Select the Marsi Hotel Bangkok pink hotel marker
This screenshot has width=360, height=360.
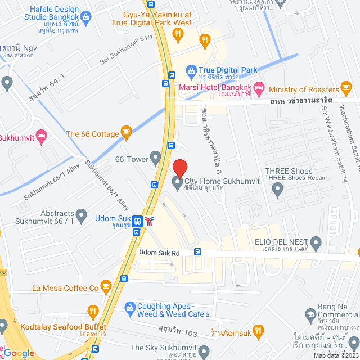(x=259, y=88)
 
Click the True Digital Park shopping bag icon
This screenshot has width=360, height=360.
(x=191, y=71)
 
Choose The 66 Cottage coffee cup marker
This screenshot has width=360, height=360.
(x=127, y=134)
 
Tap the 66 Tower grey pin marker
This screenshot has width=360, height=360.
(x=155, y=157)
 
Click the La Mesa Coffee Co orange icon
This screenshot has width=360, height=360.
(x=105, y=287)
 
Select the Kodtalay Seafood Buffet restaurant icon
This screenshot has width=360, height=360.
(x=93, y=311)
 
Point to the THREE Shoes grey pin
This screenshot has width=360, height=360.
(x=277, y=190)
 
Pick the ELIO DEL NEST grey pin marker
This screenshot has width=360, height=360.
(x=316, y=244)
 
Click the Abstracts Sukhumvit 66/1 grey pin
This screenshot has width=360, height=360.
(x=82, y=215)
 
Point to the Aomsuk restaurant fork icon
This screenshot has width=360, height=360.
(x=258, y=332)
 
